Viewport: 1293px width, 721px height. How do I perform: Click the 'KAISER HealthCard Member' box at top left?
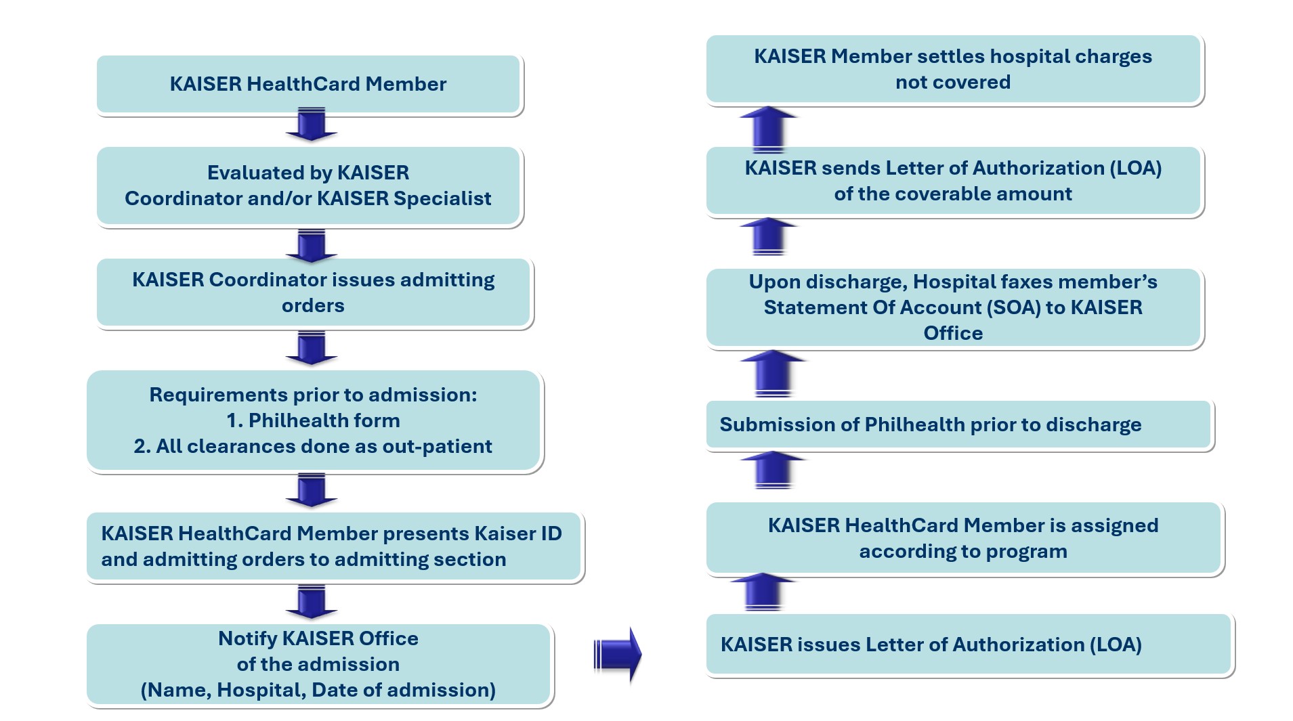tap(308, 84)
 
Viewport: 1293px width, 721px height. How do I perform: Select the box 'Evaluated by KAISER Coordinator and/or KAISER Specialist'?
tap(308, 185)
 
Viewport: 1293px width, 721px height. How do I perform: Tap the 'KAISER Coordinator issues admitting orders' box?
tap(313, 292)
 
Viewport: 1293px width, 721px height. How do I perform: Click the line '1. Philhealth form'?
tap(313, 420)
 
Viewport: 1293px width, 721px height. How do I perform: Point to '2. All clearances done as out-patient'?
tap(313, 446)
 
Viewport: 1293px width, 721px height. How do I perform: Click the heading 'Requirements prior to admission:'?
tap(313, 395)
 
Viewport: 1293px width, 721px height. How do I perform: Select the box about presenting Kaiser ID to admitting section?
tap(332, 546)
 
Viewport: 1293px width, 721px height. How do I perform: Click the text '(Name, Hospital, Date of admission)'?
tap(318, 690)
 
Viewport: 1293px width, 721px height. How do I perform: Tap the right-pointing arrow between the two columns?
tap(617, 654)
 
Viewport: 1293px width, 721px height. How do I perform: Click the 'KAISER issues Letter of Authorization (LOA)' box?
tap(969, 644)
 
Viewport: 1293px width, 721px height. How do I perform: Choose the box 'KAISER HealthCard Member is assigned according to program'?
tap(963, 538)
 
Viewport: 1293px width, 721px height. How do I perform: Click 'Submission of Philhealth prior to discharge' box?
tap(958, 424)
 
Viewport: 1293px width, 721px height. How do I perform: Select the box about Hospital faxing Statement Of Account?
tap(953, 307)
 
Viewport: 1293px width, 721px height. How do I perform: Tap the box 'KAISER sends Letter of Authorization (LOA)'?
tap(953, 181)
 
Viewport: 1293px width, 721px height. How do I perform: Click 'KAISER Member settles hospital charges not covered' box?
tap(953, 69)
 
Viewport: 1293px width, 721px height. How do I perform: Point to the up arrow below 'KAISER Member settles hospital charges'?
tap(768, 129)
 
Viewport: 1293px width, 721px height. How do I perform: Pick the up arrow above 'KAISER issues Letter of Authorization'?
tap(763, 591)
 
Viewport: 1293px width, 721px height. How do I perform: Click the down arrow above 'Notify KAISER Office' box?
tap(312, 601)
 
